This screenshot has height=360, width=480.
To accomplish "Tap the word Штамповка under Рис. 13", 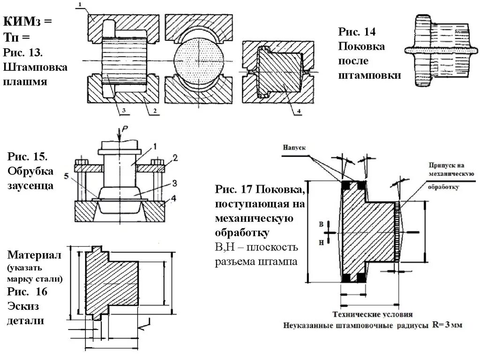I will [36, 67].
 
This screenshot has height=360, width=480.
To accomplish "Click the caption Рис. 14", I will [357, 32].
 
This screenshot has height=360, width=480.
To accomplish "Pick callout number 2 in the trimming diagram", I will [174, 158].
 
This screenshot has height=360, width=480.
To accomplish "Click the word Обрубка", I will [31, 170].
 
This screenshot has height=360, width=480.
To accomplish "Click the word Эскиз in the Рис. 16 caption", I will [22, 306].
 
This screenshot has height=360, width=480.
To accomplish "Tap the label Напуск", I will [294, 147].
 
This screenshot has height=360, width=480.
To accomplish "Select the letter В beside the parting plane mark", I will [321, 225].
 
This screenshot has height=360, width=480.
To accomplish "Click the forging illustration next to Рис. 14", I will [437, 50].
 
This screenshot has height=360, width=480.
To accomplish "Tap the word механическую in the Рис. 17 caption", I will [254, 219].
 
